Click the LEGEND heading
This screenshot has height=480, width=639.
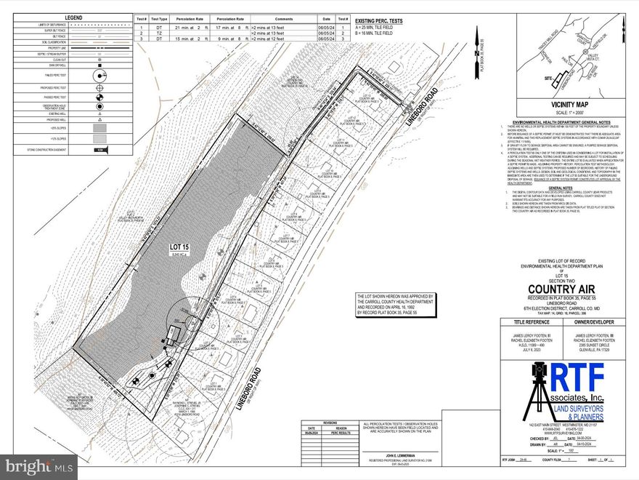[73, 17]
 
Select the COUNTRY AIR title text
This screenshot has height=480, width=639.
[563, 286]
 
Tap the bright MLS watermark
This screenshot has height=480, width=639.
[39, 464]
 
